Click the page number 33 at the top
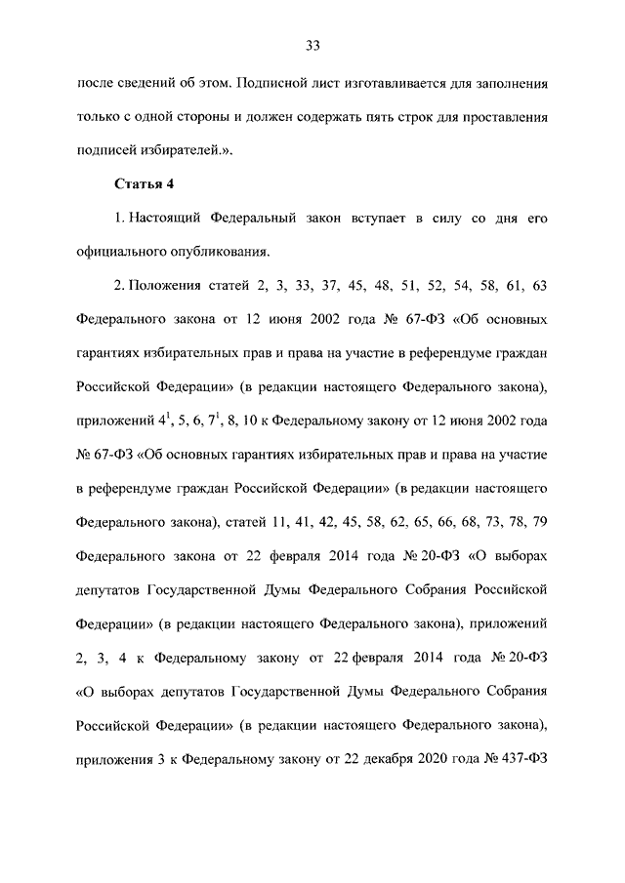pyautogui.click(x=312, y=46)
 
